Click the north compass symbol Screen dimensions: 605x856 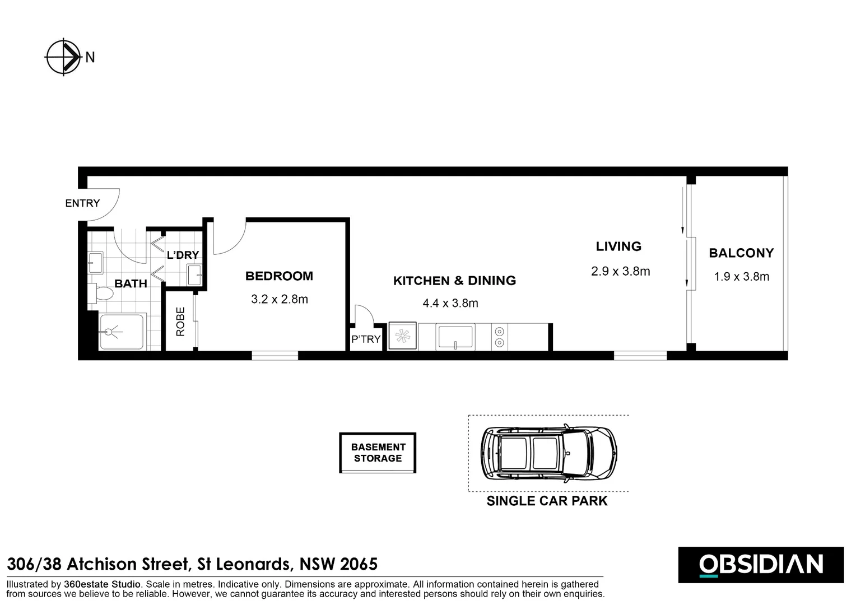[63, 57]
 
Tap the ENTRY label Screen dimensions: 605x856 [82, 203]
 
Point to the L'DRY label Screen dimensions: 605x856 [183, 255]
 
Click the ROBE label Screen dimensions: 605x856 [180, 322]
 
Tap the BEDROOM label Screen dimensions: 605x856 [279, 276]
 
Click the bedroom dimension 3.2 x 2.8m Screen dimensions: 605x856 [279, 299]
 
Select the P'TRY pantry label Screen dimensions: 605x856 [366, 339]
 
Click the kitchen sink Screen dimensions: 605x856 [455, 337]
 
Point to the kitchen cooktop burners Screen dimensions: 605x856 [499, 337]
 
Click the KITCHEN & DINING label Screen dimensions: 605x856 [454, 281]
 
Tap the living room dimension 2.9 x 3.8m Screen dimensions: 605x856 [620, 271]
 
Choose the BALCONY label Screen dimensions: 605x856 [741, 253]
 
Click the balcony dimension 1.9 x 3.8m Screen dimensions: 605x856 [741, 276]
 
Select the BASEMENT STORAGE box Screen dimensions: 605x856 [378, 453]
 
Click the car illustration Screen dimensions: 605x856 [548, 453]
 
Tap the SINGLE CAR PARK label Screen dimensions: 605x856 [547, 501]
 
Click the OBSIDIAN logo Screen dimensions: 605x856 [761, 565]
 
